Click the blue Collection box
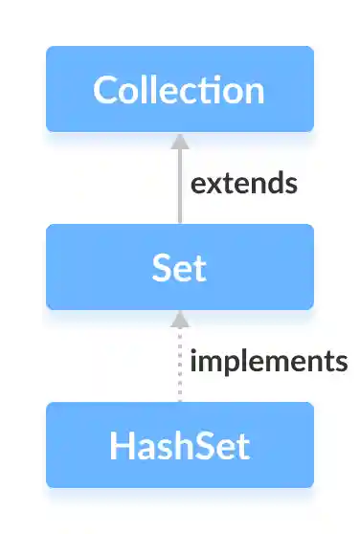click(x=180, y=89)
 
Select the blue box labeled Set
click(x=180, y=267)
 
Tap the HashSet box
click(x=180, y=445)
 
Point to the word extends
click(x=243, y=183)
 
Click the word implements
click(x=268, y=362)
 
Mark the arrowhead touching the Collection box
click(x=179, y=140)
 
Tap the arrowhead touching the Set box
click(x=179, y=318)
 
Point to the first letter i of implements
click(x=194, y=361)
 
